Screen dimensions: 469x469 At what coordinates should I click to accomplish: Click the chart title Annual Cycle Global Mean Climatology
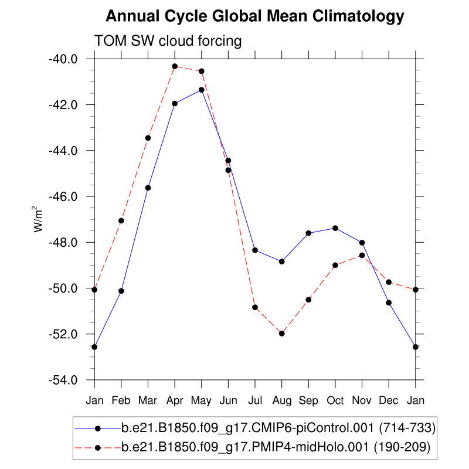tap(255, 16)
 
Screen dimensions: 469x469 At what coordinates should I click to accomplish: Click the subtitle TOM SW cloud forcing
tap(168, 41)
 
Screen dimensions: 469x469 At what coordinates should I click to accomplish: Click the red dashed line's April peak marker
tap(175, 66)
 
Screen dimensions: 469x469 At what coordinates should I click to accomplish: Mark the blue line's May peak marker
tap(202, 90)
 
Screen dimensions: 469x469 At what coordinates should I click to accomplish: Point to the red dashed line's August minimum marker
tap(282, 334)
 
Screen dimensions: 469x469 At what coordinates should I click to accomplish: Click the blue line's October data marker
tap(335, 228)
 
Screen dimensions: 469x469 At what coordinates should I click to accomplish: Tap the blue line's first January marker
tap(94, 347)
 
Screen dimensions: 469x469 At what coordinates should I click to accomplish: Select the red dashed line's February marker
tap(121, 221)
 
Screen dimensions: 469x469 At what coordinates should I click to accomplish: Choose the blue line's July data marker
tap(255, 250)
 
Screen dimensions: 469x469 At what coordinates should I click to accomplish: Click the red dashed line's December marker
tap(389, 282)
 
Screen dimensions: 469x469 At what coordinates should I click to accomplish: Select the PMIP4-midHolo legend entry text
tap(276, 447)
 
